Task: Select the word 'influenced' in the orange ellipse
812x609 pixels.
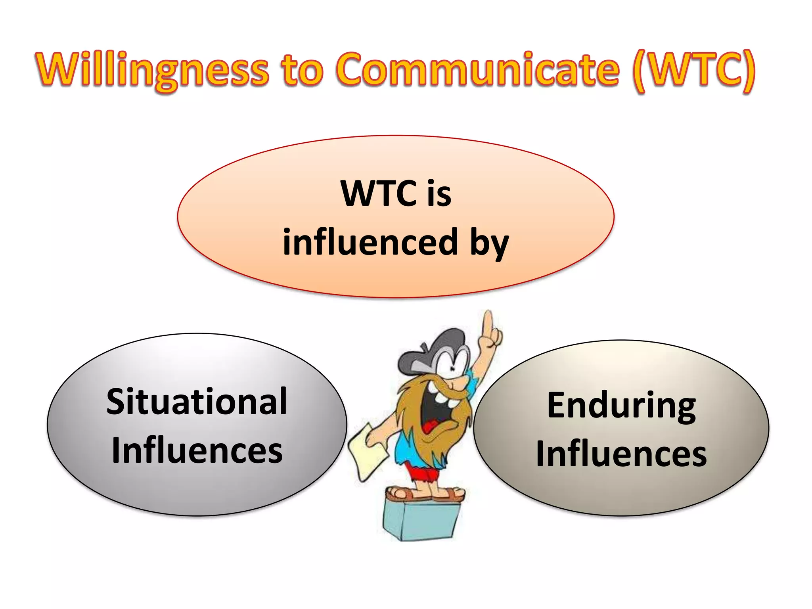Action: pos(370,242)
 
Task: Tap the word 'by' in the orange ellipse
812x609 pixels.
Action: pos(489,244)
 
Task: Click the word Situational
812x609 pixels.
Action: pos(197,402)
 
